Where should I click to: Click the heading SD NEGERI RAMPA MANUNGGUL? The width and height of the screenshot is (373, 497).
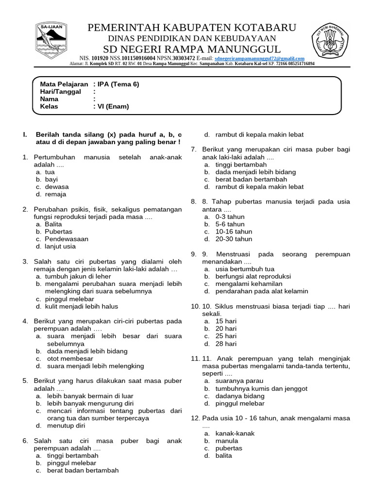click(192, 49)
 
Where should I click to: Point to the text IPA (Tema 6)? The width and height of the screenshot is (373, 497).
click(118, 84)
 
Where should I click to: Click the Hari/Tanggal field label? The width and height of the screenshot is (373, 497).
click(60, 92)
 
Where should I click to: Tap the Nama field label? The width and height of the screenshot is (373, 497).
click(49, 99)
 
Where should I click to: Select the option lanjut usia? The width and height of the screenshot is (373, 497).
click(60, 247)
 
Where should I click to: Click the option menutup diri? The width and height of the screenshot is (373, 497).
click(66, 426)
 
